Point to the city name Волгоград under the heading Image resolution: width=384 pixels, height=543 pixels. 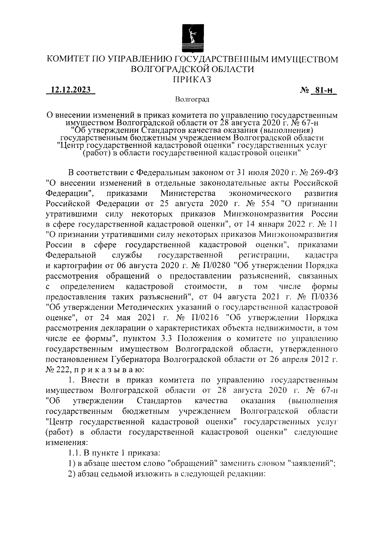click(192, 100)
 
